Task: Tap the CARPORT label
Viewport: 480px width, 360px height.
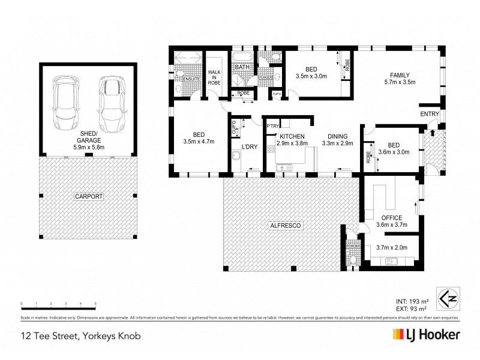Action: tap(89, 196)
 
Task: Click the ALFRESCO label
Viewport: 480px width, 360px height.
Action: tap(283, 226)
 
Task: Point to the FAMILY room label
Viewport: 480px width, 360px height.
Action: tap(399, 75)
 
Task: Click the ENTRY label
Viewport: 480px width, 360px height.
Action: tap(430, 115)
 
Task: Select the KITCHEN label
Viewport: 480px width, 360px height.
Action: tap(290, 137)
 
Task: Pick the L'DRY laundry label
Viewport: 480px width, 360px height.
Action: tap(249, 147)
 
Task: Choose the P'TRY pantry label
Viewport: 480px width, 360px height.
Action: tap(273, 126)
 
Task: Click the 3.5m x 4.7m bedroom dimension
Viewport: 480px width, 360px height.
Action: tap(199, 142)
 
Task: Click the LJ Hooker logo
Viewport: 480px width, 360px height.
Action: tap(426, 334)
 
